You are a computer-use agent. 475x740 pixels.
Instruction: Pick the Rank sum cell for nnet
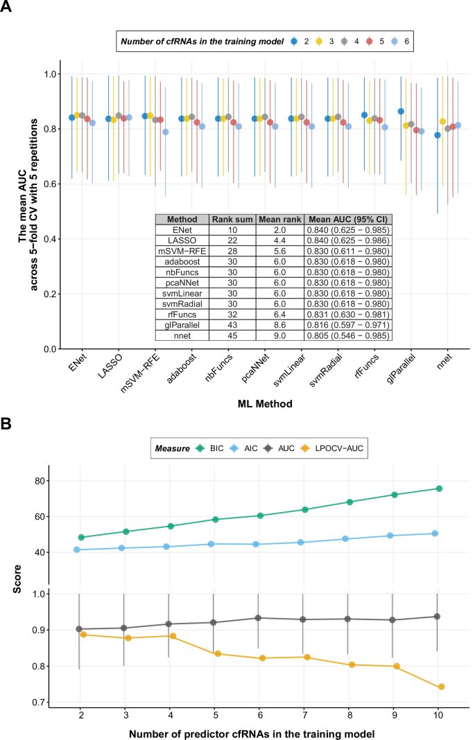coord(232,335)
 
